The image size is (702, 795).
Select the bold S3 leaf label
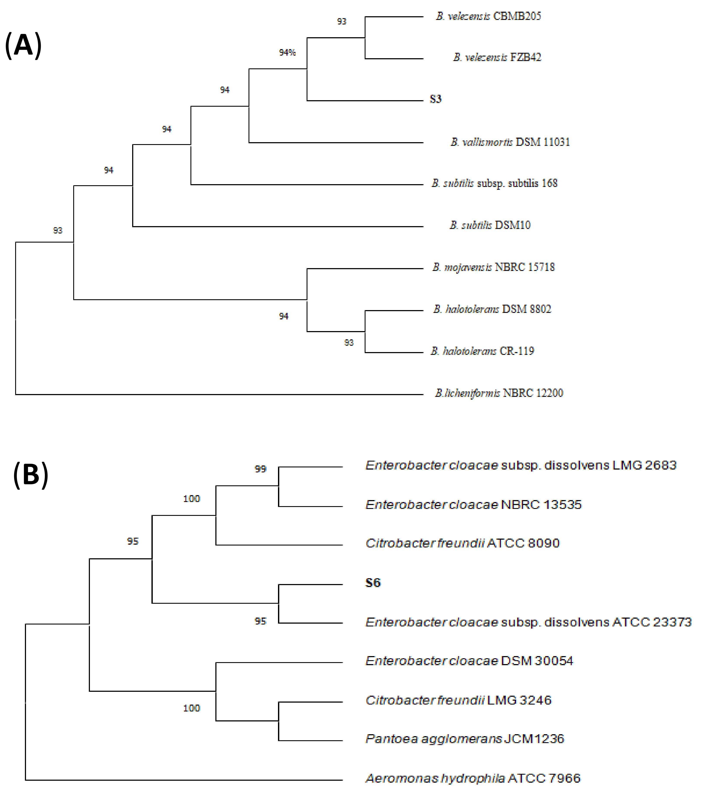[x=435, y=99]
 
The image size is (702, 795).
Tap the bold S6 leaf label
[x=373, y=583]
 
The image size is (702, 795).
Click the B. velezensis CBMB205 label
[x=488, y=16]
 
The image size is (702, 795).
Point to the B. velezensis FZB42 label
[x=497, y=58]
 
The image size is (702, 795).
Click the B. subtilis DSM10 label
[x=490, y=225]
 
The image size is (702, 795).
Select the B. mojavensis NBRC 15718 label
[x=493, y=267]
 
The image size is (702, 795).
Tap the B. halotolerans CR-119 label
[x=482, y=351]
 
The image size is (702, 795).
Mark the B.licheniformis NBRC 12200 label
[x=499, y=393]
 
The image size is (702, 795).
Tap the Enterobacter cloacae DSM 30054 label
[x=469, y=661]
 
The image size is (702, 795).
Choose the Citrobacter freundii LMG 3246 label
[x=458, y=700]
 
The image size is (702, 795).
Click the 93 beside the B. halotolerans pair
[x=348, y=343]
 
